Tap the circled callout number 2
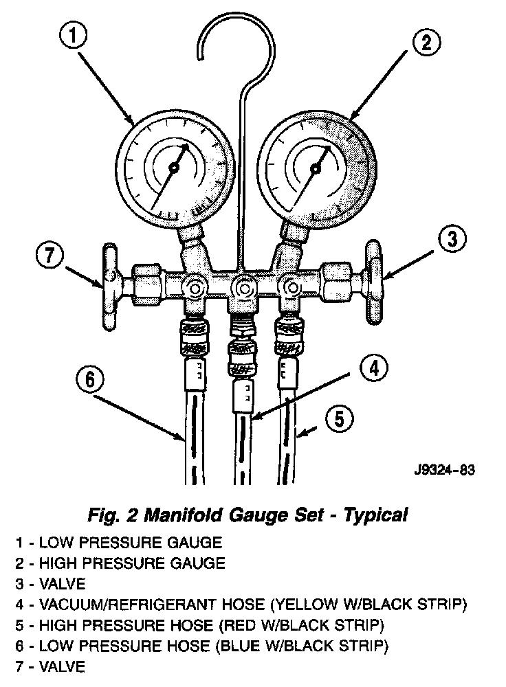426,43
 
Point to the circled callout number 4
371,370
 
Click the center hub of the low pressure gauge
173,167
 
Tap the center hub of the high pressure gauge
316,167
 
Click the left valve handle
109,282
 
